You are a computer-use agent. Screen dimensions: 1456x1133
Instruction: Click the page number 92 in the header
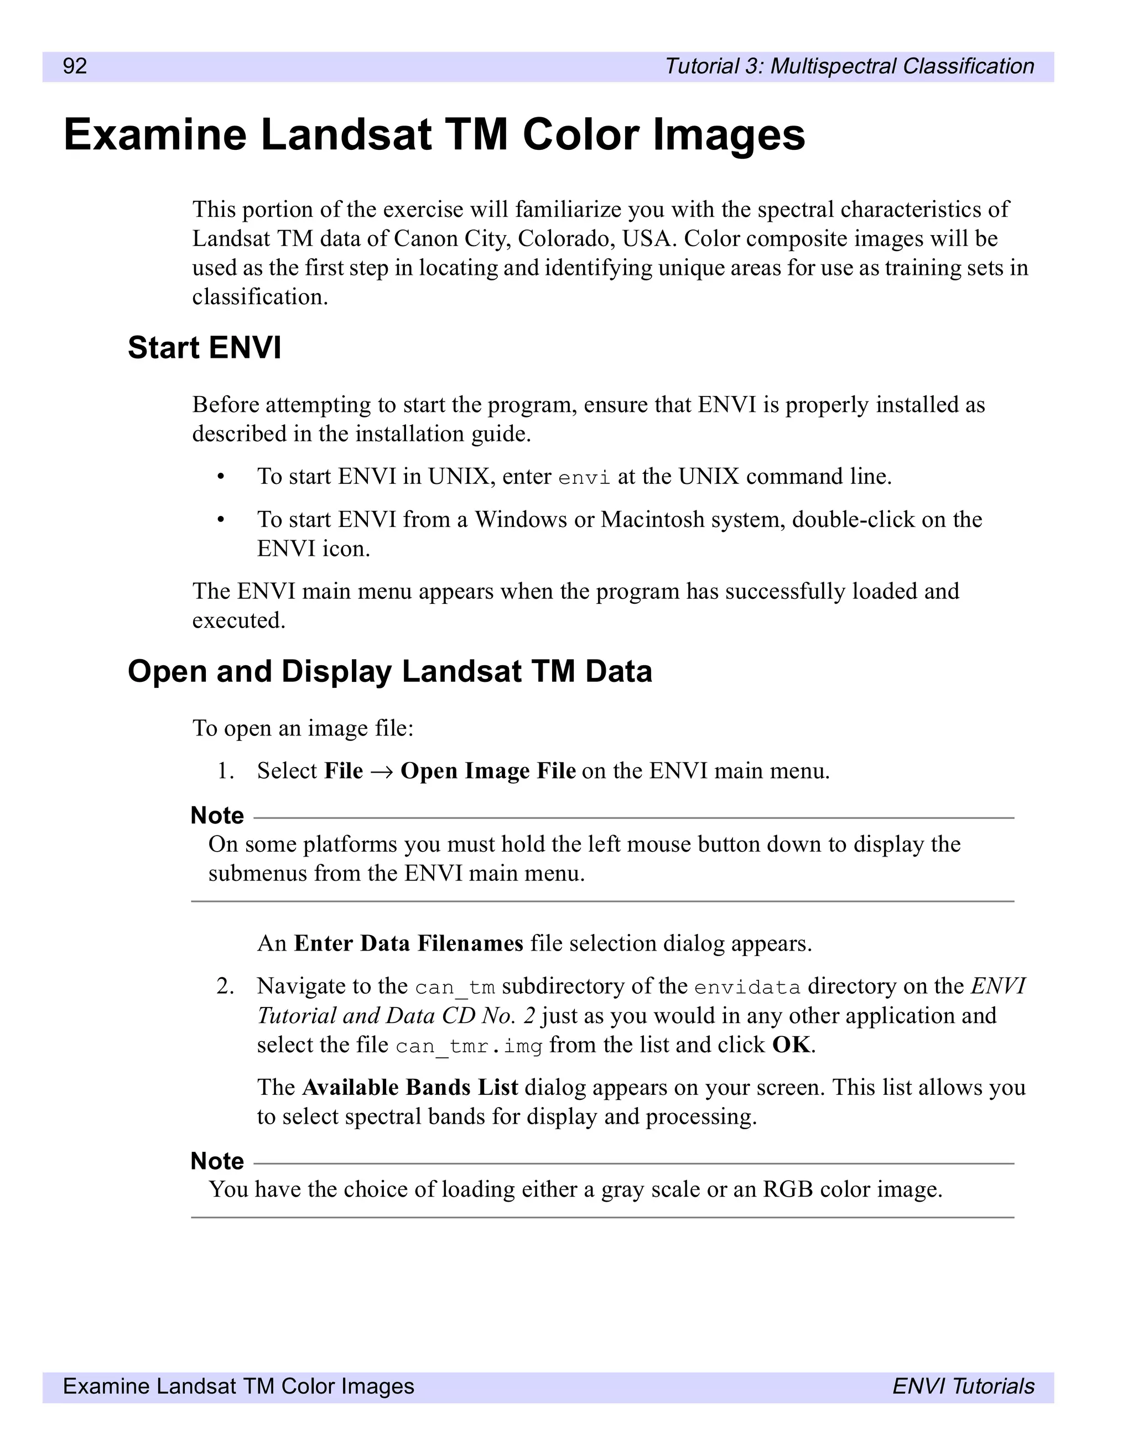click(75, 66)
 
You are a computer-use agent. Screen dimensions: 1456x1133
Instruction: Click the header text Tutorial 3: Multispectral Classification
click(849, 66)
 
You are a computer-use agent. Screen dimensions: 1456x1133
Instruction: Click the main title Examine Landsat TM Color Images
click(434, 135)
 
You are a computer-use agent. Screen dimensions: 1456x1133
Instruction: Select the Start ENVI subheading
click(204, 347)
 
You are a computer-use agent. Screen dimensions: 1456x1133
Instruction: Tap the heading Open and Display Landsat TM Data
click(389, 671)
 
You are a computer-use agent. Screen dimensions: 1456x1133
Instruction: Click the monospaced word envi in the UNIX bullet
click(584, 478)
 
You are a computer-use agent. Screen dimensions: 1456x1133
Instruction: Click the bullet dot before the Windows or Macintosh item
click(221, 519)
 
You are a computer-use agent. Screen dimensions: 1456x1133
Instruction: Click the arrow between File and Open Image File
click(381, 771)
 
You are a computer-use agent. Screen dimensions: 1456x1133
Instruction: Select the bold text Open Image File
click(487, 771)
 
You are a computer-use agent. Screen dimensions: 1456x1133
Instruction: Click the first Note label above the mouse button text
click(217, 815)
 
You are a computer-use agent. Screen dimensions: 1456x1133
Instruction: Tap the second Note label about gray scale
click(217, 1161)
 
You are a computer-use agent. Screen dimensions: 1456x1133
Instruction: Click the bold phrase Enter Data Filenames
click(408, 943)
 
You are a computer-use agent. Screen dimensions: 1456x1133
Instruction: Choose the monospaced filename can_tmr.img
click(468, 1046)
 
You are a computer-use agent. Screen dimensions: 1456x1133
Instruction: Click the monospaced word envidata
click(746, 987)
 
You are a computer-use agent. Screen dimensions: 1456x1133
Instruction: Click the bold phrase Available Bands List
click(409, 1087)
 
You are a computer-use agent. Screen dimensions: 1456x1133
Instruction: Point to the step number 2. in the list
click(225, 986)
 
